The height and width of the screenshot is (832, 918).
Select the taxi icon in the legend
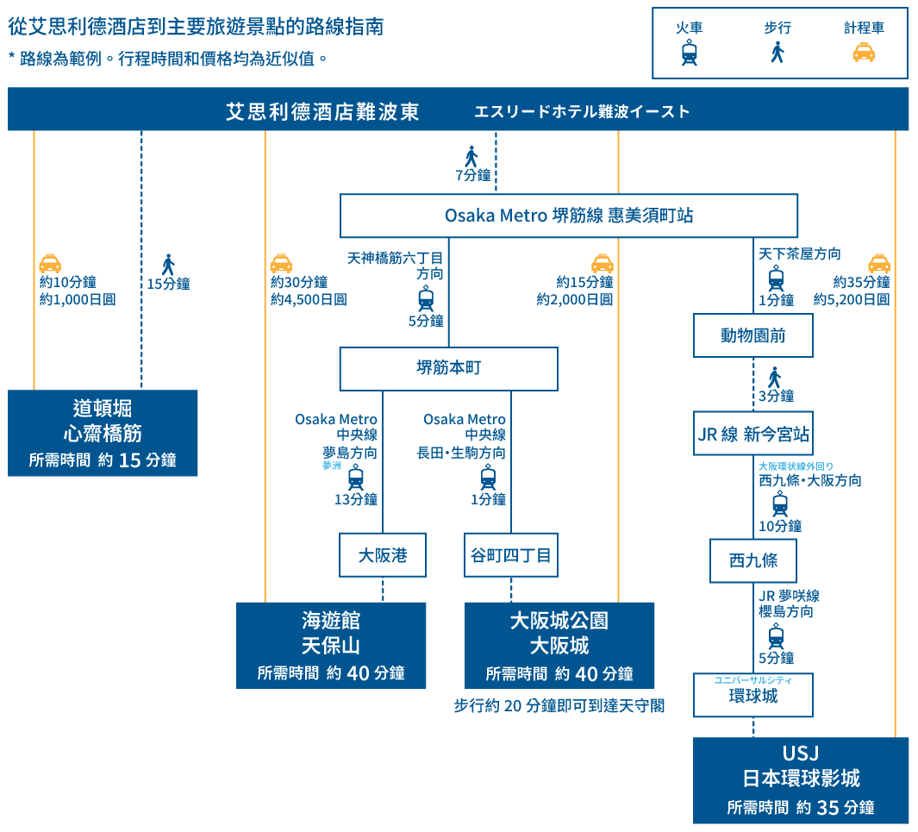click(864, 53)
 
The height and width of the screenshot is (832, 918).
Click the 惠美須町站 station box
click(568, 216)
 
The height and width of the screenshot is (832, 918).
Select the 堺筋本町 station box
click(448, 368)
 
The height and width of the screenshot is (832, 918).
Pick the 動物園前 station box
click(753, 335)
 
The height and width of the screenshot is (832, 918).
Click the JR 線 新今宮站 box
click(753, 434)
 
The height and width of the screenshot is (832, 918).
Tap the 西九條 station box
click(753, 560)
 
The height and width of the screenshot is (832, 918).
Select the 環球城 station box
click(753, 696)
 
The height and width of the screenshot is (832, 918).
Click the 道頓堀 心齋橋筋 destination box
click(103, 433)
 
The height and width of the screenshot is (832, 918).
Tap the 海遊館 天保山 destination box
click(331, 646)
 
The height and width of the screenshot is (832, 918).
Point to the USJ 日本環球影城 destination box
click(801, 780)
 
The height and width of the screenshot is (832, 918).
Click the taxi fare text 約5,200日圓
click(852, 299)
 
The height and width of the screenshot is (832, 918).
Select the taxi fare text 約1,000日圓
click(78, 299)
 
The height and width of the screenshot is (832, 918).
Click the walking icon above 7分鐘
click(471, 156)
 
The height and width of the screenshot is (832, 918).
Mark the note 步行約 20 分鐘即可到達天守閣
click(559, 706)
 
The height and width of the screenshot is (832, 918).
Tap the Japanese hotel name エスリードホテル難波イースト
click(582, 111)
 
